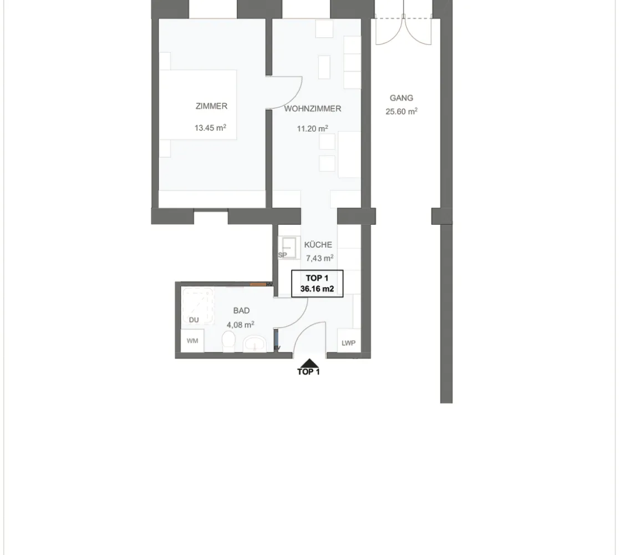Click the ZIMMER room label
(211, 106)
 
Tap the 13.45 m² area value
(210, 128)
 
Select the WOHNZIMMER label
(312, 109)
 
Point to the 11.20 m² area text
(312, 129)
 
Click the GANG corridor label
(402, 98)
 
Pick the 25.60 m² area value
(402, 112)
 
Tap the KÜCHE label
(318, 244)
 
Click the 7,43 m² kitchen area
(319, 258)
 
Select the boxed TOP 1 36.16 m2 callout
(317, 284)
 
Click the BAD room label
(241, 311)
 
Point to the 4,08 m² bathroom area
(240, 325)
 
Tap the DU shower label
(194, 320)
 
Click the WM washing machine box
(192, 341)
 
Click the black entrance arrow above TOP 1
(309, 363)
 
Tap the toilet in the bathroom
(228, 341)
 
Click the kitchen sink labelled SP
(288, 248)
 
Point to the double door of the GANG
(403, 30)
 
